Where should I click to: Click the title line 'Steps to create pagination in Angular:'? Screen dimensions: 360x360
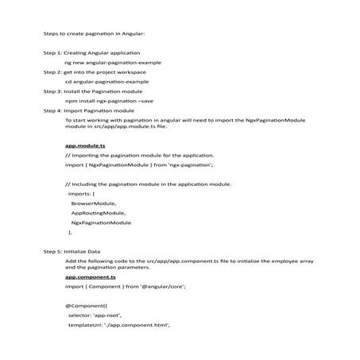(94, 33)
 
